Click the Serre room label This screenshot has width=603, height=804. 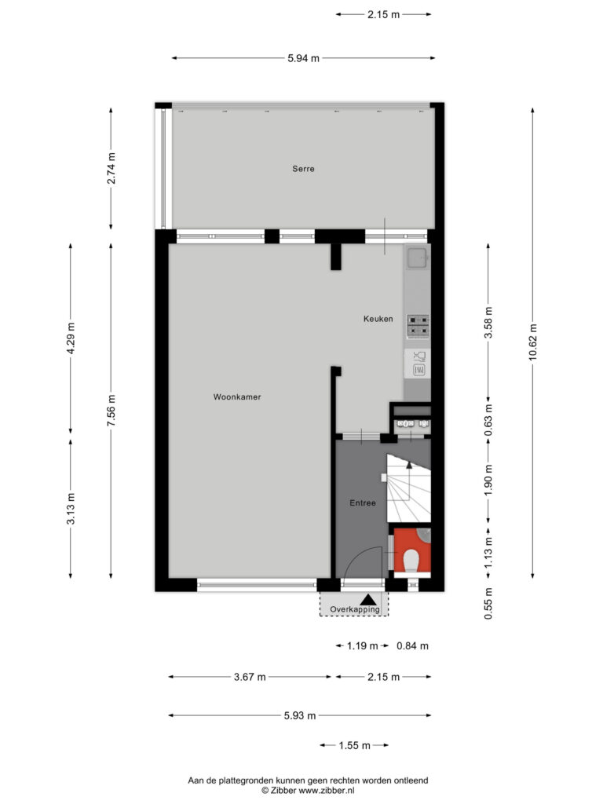[303, 169]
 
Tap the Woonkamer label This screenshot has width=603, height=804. [237, 397]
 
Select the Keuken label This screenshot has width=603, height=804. [378, 319]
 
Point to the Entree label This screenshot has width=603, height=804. [363, 503]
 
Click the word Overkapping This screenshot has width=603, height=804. [354, 609]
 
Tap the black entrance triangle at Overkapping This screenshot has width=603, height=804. [367, 599]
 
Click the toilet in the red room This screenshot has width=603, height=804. [411, 561]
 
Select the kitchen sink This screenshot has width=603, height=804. [418, 258]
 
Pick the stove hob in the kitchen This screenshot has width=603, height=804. [418, 327]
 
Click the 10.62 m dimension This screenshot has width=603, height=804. [533, 342]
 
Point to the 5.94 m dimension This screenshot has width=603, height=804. [303, 58]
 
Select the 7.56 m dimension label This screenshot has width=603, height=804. [111, 410]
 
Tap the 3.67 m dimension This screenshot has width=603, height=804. [250, 677]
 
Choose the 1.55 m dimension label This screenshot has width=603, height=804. [354, 746]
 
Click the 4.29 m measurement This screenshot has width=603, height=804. [71, 338]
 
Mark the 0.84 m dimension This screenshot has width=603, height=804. [412, 646]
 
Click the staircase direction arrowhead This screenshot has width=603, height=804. [409, 465]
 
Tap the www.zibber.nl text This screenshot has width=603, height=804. [326, 791]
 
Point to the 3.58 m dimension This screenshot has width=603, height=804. [488, 323]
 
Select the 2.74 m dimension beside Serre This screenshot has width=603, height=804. [111, 168]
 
